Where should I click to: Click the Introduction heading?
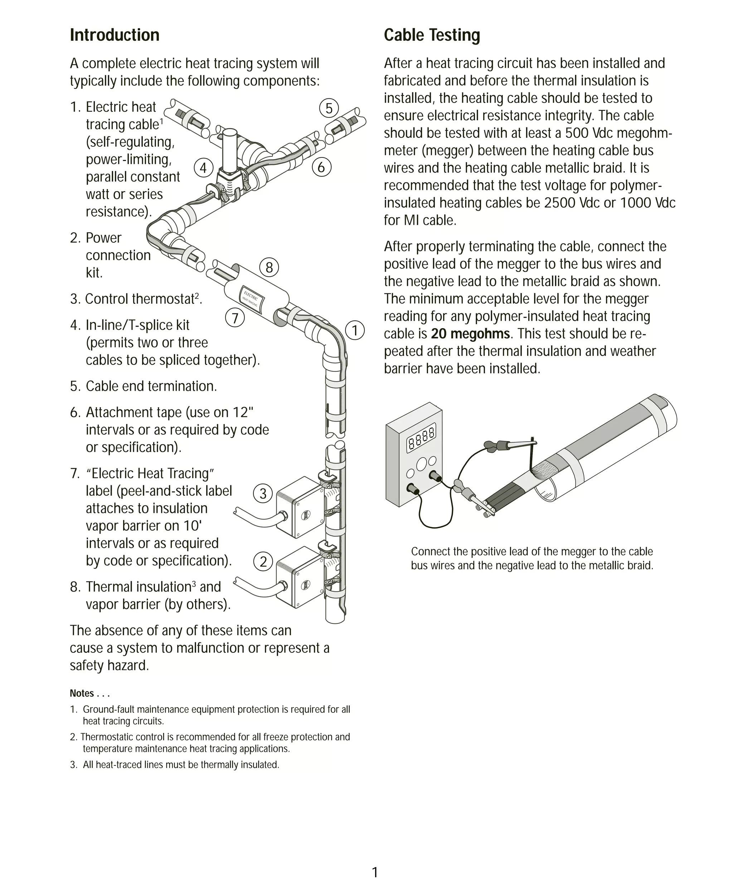[115, 35]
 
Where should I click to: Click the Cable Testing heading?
[432, 35]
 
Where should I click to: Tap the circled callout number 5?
[329, 108]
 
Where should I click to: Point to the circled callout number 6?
[321, 167]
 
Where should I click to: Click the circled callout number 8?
[269, 267]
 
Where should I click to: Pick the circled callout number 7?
[235, 317]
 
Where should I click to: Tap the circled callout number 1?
[355, 330]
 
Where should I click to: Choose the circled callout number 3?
[263, 493]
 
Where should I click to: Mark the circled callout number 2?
[263, 562]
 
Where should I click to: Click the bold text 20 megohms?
[470, 334]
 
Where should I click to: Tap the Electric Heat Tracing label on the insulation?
[252, 299]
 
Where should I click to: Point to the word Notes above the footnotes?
[82, 693]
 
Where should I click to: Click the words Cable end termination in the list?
[151, 386]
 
